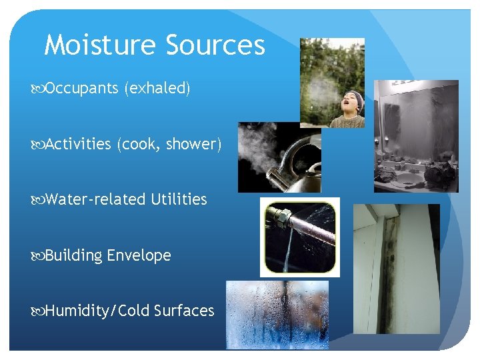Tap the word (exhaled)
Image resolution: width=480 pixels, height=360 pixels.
157,88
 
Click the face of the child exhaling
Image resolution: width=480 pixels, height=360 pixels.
349,103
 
